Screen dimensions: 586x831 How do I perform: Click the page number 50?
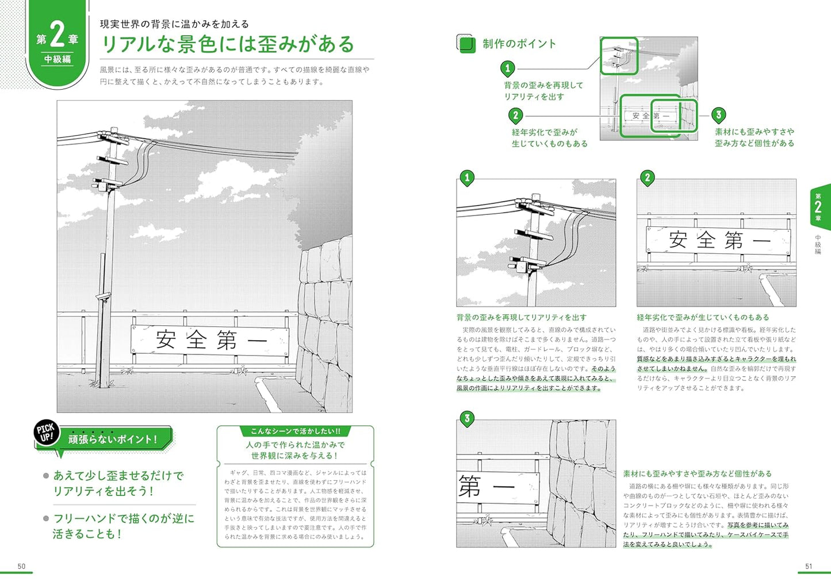[x=21, y=566]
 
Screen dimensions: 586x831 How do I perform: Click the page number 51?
[x=809, y=566]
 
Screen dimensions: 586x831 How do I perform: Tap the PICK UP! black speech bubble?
[x=45, y=433]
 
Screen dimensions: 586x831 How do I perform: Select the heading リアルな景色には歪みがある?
[x=228, y=44]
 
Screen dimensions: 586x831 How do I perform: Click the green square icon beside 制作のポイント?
[x=466, y=44]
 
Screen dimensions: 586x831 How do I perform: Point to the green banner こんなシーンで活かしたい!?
[x=295, y=431]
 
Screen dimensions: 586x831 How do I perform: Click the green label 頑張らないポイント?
[x=113, y=439]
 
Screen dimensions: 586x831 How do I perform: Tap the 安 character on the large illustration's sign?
[x=166, y=340]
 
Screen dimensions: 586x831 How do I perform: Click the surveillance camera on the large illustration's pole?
[x=104, y=296]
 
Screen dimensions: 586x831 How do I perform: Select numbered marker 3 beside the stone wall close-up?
[x=467, y=418]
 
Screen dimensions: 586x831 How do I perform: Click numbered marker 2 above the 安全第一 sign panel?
[x=648, y=178]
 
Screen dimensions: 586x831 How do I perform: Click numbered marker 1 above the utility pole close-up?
[x=467, y=178]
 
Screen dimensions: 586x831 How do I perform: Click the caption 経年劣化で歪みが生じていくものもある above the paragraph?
[x=703, y=317]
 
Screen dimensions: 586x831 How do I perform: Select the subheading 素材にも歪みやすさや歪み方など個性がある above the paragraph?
[x=697, y=474]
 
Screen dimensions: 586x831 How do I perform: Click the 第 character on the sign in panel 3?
[x=470, y=487]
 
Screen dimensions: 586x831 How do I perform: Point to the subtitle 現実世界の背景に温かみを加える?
[x=174, y=24]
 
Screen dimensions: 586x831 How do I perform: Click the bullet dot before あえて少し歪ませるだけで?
[x=46, y=476]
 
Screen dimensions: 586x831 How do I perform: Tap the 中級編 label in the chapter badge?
[x=58, y=59]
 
